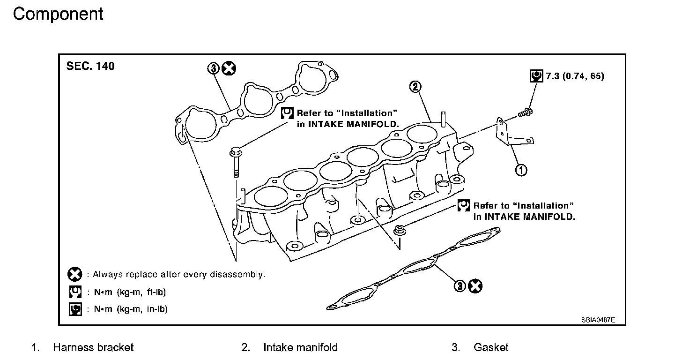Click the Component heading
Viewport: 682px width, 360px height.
pyautogui.click(x=58, y=14)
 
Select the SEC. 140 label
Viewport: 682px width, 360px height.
pyautogui.click(x=90, y=66)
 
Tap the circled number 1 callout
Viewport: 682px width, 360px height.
pyautogui.click(x=521, y=170)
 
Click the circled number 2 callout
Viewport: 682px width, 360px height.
pyautogui.click(x=415, y=86)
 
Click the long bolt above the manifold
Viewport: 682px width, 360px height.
pyautogui.click(x=235, y=162)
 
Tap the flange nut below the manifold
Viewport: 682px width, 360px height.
pyautogui.click(x=400, y=230)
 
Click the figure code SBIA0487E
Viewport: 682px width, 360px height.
pyautogui.click(x=598, y=320)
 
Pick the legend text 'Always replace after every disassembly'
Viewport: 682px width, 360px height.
pyautogui.click(x=179, y=274)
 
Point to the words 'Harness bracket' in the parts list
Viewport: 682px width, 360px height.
pyautogui.click(x=93, y=347)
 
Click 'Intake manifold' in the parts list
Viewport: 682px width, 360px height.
pyautogui.click(x=300, y=347)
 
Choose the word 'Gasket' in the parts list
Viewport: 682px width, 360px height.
pyautogui.click(x=491, y=347)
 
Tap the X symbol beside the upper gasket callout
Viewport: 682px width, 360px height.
pyautogui.click(x=229, y=69)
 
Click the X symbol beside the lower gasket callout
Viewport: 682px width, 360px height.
pyautogui.click(x=475, y=285)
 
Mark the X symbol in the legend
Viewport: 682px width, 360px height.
pyautogui.click(x=75, y=274)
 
